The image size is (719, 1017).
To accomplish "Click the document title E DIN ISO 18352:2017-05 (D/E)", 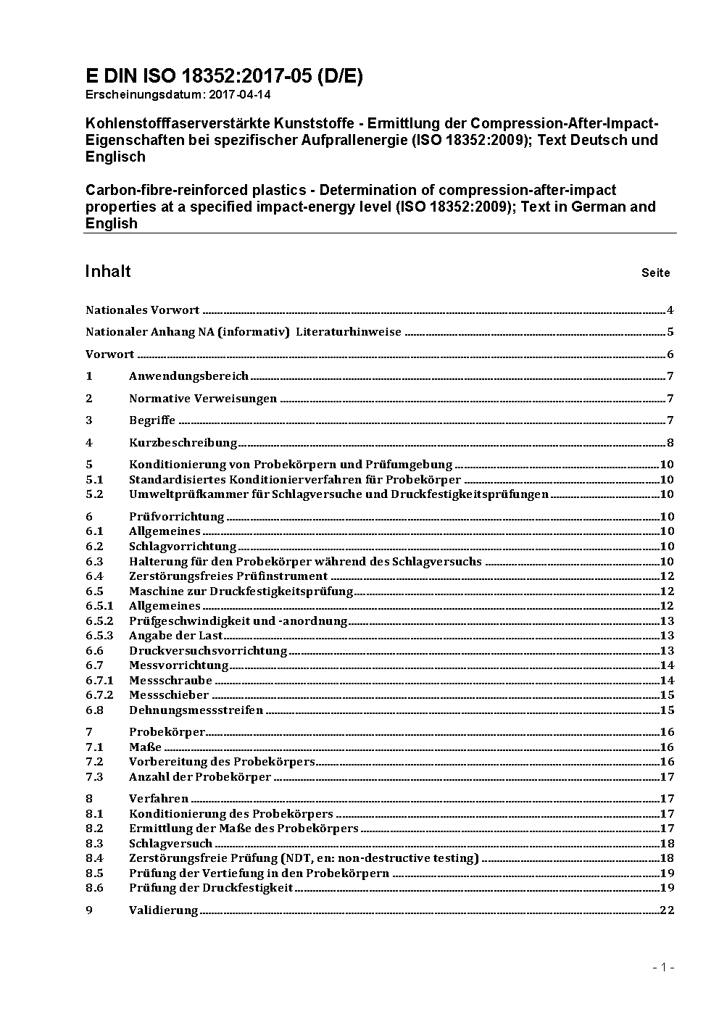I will [x=224, y=76].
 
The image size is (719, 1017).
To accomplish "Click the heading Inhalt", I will [x=108, y=271].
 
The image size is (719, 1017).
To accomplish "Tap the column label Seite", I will [x=655, y=273].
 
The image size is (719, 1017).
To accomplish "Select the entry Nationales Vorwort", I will [x=142, y=310].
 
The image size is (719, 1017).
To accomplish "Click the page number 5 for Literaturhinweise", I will [x=670, y=332].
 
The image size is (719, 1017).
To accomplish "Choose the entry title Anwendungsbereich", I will [x=188, y=375].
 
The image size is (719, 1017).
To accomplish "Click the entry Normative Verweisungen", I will [x=203, y=398].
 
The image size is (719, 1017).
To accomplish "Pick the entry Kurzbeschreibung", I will [x=183, y=442].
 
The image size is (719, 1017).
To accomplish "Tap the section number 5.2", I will [x=94, y=494].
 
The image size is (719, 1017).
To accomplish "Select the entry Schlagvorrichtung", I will [x=183, y=547].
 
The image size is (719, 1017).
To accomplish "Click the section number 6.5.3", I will [x=99, y=636].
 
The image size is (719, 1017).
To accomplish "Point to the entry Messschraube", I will [x=170, y=680].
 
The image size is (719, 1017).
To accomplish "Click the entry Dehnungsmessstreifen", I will [x=196, y=710].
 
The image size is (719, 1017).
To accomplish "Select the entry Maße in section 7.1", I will [x=145, y=747].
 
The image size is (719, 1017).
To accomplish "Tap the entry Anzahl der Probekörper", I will [x=200, y=777].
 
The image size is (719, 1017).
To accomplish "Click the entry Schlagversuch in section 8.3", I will [x=170, y=843].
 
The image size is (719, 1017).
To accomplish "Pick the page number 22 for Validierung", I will [x=667, y=910].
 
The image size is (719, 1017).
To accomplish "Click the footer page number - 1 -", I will [x=663, y=967].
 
